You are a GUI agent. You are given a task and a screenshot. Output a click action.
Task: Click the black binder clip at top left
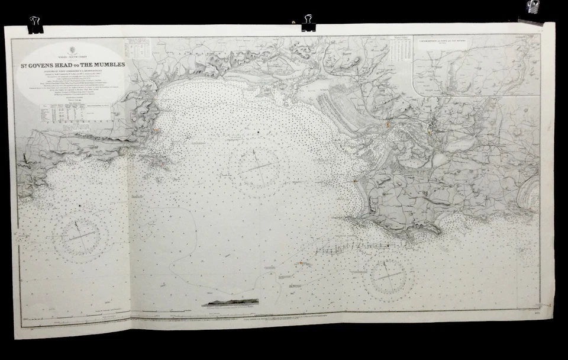[35, 24]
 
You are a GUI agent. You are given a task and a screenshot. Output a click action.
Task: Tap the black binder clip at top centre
[308, 22]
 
